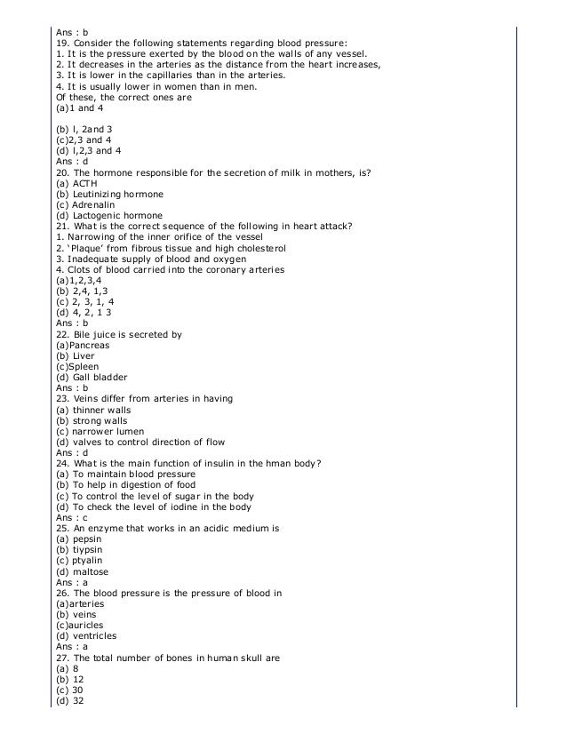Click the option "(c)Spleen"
coord(77,366)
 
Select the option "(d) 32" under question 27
coord(68,700)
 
